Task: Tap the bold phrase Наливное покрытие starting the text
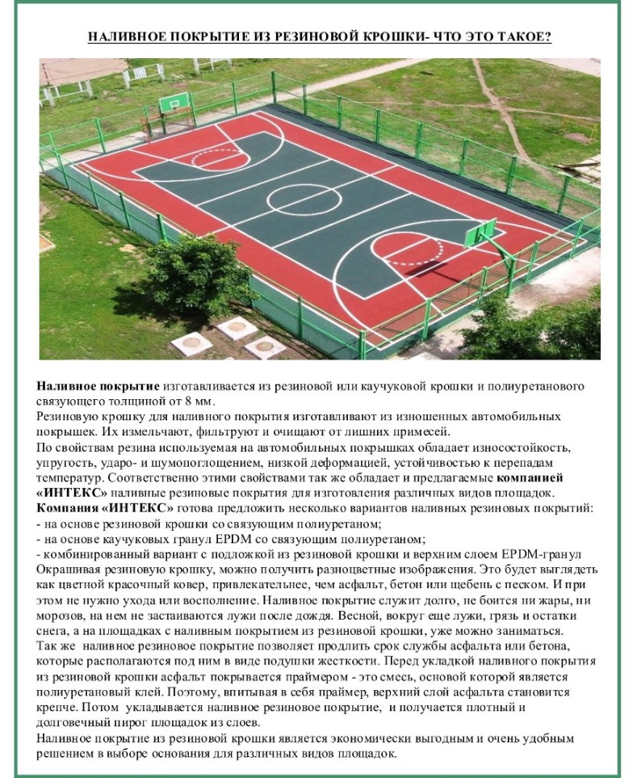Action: point(98,385)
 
